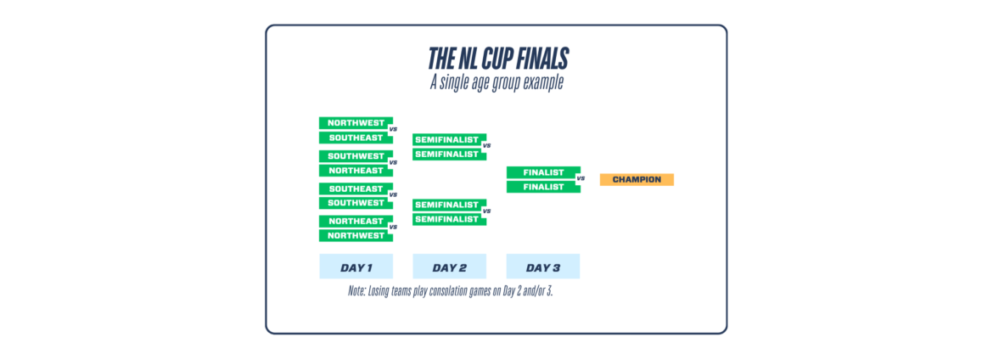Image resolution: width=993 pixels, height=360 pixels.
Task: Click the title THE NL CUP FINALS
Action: coord(496,59)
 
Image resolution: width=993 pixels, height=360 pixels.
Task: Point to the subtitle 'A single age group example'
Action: coord(496,83)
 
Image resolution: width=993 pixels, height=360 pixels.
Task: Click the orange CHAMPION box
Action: coord(637,180)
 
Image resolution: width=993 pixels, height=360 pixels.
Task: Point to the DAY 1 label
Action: coord(356,267)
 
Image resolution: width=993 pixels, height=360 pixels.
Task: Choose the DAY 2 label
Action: coord(450,267)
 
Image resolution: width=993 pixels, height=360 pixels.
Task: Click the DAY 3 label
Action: coord(543,267)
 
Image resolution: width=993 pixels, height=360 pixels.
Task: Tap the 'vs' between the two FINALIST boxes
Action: coord(581,179)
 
